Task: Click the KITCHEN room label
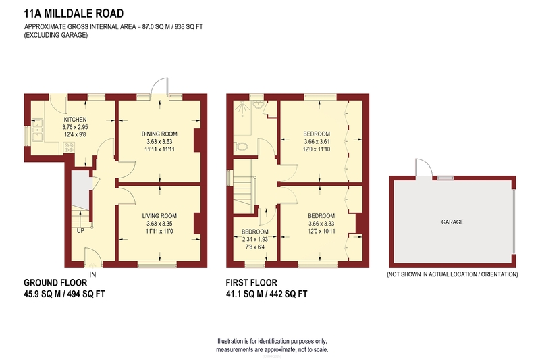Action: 75,120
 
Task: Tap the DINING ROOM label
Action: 159,134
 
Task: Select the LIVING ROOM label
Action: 159,216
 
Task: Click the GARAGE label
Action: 452,222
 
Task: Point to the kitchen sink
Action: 36,130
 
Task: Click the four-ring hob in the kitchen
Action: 69,147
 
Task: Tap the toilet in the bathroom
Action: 240,147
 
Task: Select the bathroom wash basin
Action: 258,104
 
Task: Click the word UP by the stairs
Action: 80,231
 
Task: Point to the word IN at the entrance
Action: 92,275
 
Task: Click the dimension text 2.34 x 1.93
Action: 255,239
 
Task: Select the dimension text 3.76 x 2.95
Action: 75,127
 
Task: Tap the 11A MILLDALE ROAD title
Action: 74,14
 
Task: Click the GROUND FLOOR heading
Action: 55,283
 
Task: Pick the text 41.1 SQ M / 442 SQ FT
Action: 267,294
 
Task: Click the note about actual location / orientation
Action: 452,274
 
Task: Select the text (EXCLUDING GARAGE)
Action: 56,35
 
